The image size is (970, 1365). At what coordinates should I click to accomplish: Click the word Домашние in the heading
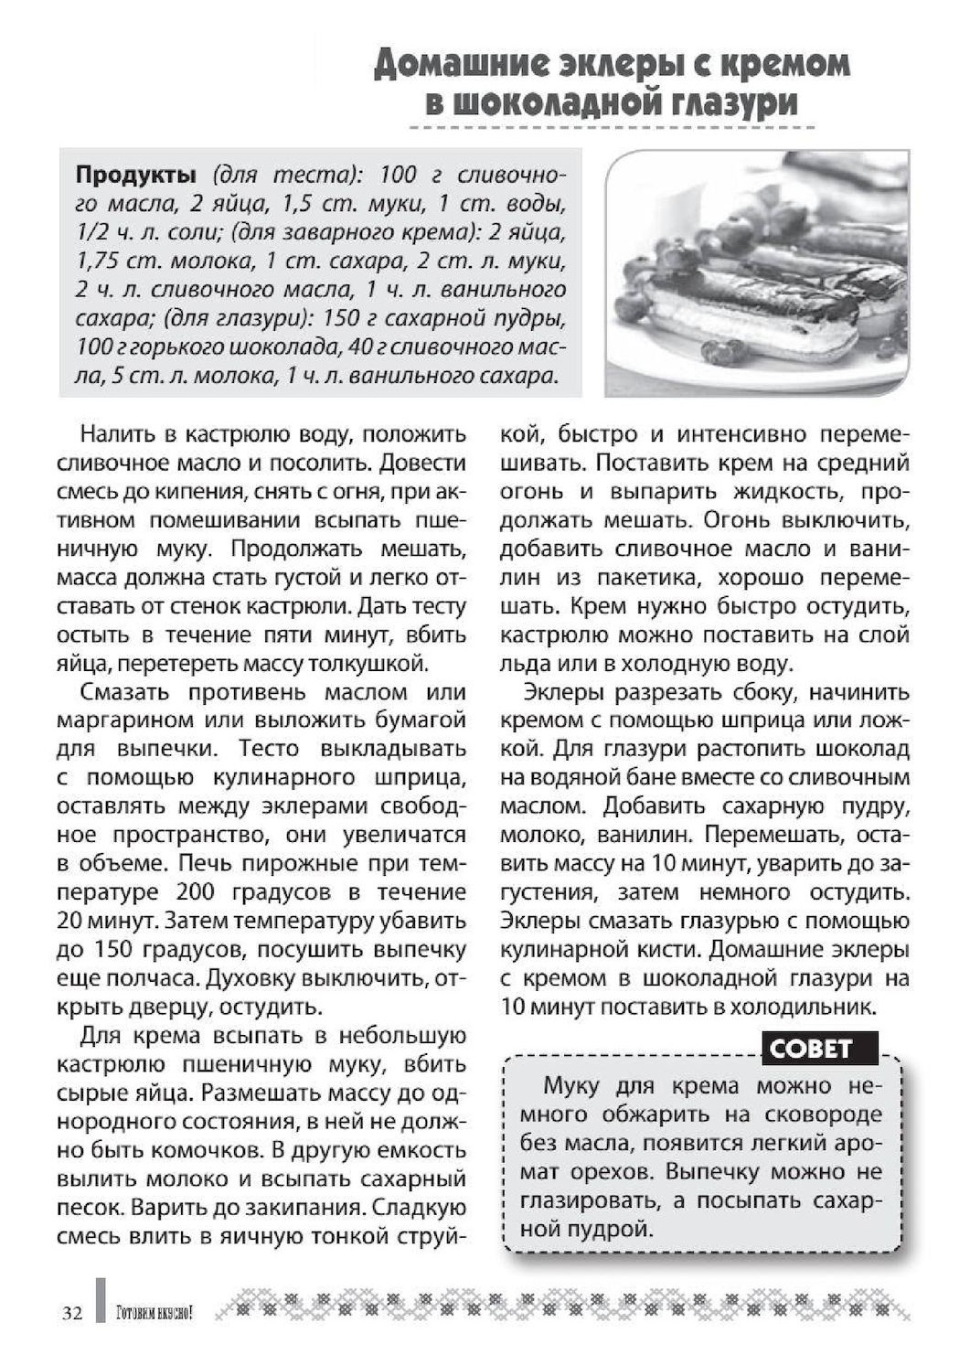[x=458, y=63]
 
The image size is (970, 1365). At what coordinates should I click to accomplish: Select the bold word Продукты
[x=135, y=175]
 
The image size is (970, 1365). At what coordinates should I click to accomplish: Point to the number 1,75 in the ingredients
[x=99, y=261]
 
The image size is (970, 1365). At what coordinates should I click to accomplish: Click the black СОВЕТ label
[x=811, y=1049]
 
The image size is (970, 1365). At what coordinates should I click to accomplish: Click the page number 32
[x=72, y=1314]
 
